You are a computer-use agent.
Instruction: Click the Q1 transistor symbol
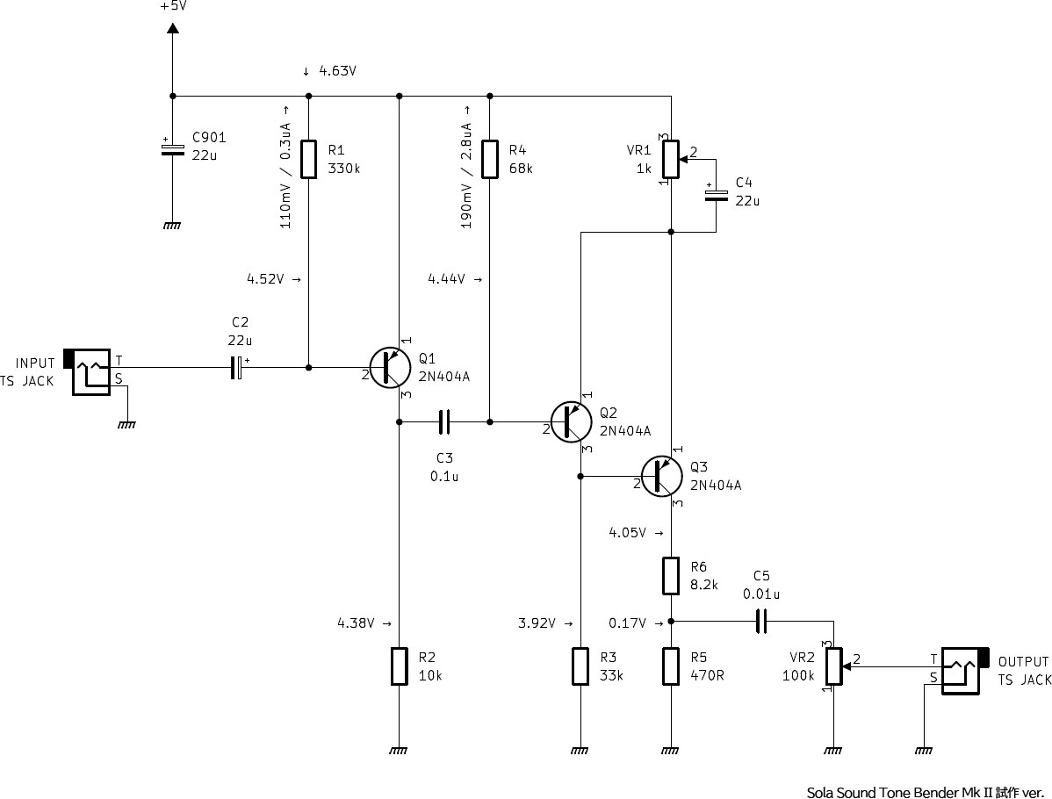(390, 368)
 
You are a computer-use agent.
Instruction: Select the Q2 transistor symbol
(571, 422)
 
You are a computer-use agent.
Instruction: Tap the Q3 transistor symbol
(661, 476)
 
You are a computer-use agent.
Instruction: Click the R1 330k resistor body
(308, 159)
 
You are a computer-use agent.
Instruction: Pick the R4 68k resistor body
(490, 159)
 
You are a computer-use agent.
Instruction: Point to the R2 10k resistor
(400, 666)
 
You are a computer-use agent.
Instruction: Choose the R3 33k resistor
(580, 666)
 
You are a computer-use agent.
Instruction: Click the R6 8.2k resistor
(671, 576)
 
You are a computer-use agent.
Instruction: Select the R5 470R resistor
(671, 666)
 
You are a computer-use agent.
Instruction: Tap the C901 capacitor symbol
(172, 149)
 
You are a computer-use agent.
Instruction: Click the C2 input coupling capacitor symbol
(236, 368)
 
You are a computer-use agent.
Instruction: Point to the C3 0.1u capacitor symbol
(444, 422)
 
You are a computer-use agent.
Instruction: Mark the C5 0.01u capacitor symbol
(760, 622)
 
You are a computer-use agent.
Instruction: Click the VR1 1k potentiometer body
(671, 159)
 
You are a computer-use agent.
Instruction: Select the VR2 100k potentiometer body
(833, 666)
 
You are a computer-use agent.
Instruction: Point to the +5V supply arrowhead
(172, 28)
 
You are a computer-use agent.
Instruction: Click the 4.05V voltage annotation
(627, 533)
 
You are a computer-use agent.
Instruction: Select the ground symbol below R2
(399, 751)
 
